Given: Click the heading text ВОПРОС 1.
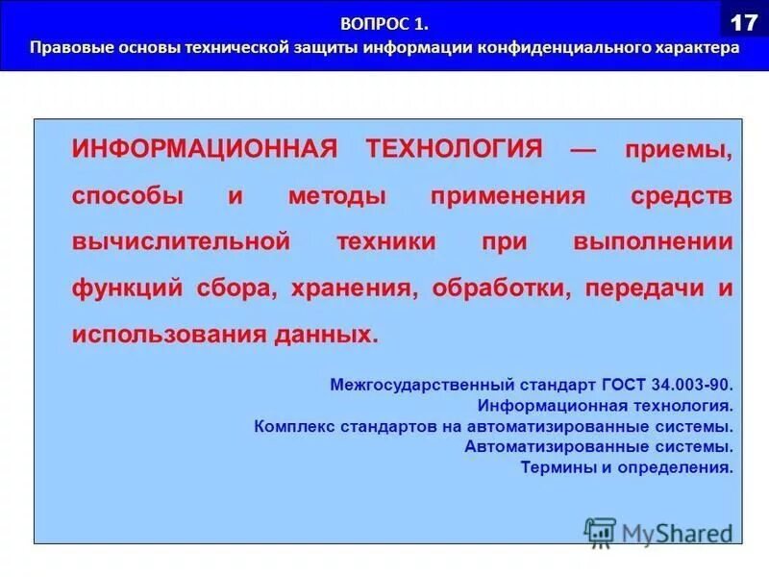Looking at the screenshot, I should [384, 22].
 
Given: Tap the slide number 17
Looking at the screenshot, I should [744, 20].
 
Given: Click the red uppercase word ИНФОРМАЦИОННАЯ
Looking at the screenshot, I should [204, 150].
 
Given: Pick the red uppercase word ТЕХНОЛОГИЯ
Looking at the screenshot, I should [454, 150].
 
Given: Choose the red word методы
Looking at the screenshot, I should [336, 197].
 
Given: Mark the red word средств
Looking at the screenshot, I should [681, 197].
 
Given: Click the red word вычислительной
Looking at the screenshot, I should [180, 242].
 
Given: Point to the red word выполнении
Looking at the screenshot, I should [653, 242].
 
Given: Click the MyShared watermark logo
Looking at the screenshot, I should [658, 532].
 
